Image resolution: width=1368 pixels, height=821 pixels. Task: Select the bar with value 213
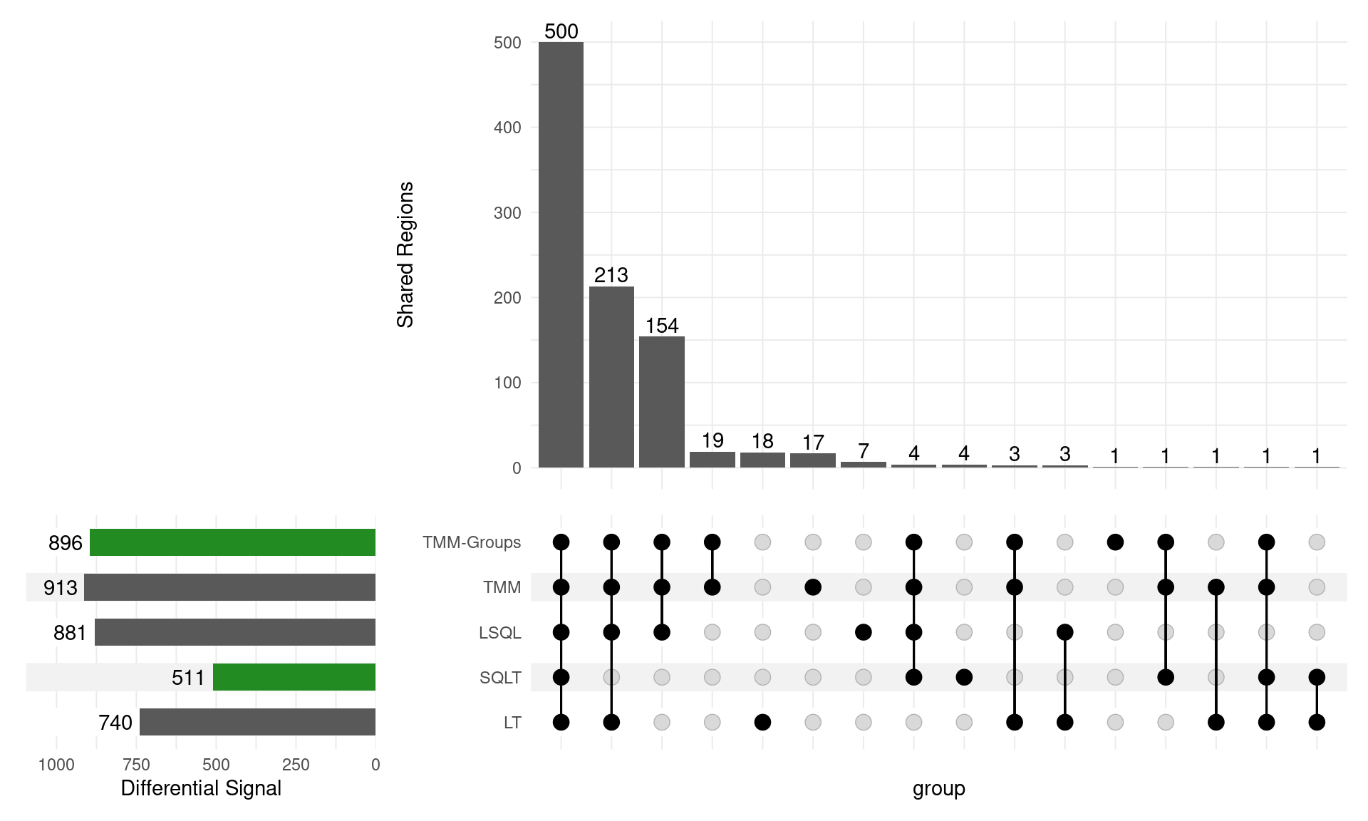tap(611, 377)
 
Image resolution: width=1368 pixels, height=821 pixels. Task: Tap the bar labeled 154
tap(662, 402)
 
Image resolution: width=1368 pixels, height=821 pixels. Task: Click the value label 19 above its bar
tap(712, 440)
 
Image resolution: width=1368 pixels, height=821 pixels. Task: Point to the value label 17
tap(813, 443)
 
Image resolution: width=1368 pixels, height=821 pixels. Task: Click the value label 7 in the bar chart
tap(864, 451)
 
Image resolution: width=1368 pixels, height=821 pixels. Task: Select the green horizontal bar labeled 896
tap(232, 542)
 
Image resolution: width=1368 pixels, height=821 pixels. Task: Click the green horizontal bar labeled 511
tap(294, 677)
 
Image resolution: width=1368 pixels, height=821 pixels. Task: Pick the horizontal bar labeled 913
tap(229, 587)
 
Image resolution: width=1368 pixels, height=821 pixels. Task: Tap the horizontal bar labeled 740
tap(257, 722)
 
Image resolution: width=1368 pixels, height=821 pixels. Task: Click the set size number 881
tap(70, 633)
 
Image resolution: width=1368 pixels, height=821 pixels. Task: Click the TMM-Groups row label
tap(472, 542)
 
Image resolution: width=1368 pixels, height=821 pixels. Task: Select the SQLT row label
tap(500, 678)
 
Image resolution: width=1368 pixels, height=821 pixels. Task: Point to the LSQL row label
tap(500, 633)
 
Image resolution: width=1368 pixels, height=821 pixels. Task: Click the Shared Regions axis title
tap(405, 254)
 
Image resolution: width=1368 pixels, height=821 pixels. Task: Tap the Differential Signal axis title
tap(201, 788)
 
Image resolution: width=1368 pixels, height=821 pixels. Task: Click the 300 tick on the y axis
tap(507, 213)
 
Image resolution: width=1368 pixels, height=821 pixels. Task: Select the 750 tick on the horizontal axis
tap(136, 765)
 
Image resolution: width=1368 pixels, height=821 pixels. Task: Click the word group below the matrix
tap(938, 788)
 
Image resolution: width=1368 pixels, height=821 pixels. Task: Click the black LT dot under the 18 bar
tap(762, 722)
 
